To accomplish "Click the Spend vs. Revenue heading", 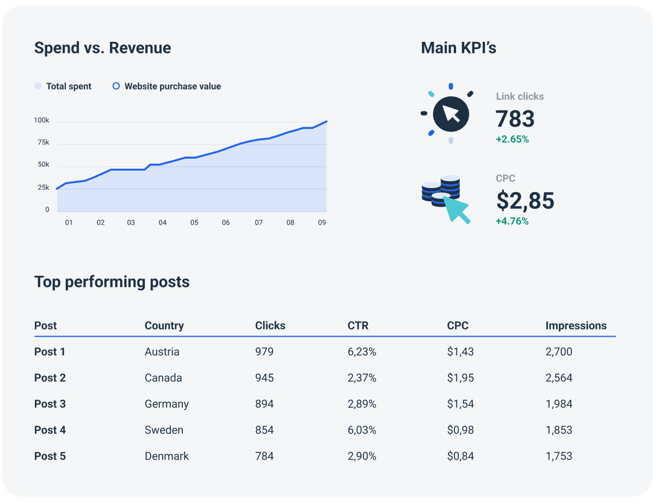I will (102, 48).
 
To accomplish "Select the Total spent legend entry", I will (63, 86).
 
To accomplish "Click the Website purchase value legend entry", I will (167, 86).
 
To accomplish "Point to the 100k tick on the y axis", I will (41, 120).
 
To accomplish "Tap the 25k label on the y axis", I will (43, 188).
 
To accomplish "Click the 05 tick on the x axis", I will (194, 222).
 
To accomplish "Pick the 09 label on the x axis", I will (322, 222).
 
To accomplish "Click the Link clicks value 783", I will (515, 119).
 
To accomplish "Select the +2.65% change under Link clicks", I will (512, 139).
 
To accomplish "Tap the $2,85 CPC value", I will (525, 201).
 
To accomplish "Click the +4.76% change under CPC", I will (512, 221).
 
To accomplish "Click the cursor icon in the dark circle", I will (451, 114).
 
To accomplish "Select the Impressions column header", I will (576, 326).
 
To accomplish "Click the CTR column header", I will (358, 326).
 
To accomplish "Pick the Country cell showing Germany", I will (167, 404).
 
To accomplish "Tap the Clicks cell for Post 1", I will (264, 352).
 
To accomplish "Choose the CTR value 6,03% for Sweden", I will (362, 430).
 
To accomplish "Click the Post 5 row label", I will (50, 456).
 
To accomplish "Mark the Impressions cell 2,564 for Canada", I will (559, 378).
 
